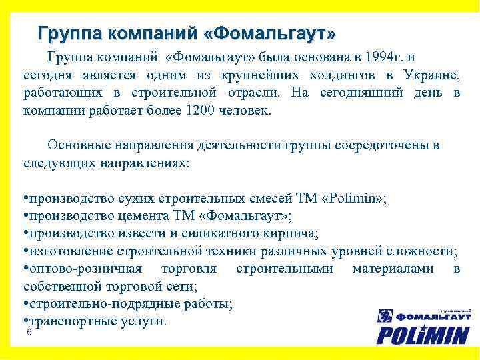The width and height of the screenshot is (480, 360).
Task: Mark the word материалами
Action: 393,268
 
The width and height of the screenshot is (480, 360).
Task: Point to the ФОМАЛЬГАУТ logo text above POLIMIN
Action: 431,316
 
